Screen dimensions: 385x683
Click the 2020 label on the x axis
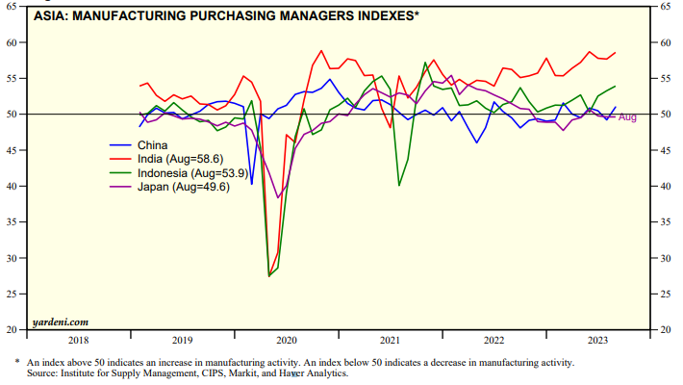pyautogui.click(x=287, y=340)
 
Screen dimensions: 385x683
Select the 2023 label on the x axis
pyautogui.click(x=596, y=340)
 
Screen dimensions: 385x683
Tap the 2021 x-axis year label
pyautogui.click(x=391, y=340)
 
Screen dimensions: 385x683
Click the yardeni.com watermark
pyautogui.click(x=60, y=321)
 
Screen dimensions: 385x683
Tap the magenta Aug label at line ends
pyautogui.click(x=627, y=117)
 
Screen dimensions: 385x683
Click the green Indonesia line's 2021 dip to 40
pyautogui.click(x=399, y=186)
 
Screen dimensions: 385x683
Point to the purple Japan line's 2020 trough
pyautogui.click(x=278, y=197)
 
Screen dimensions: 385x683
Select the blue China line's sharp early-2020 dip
pyautogui.click(x=252, y=184)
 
